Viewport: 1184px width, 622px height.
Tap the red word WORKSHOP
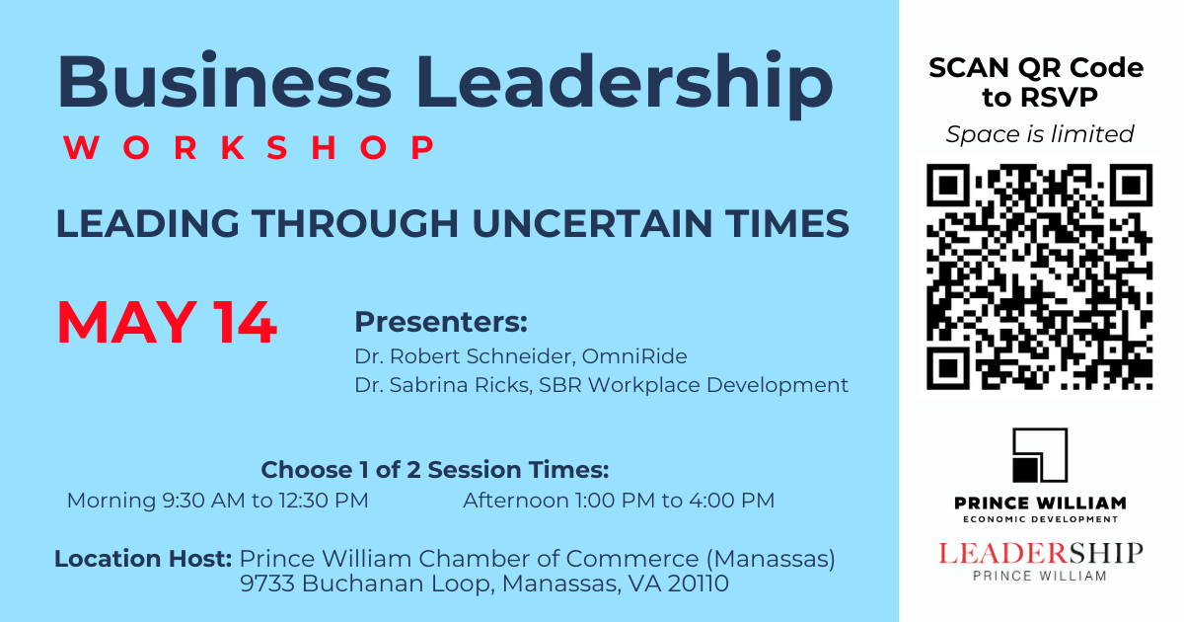point(250,147)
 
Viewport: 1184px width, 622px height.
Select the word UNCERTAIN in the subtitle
point(593,223)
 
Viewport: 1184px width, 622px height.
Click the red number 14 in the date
point(245,322)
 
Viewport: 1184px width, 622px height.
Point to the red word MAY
point(127,322)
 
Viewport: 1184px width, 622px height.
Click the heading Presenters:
point(441,322)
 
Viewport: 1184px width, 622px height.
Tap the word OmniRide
point(634,356)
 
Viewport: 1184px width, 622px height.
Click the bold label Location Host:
point(143,559)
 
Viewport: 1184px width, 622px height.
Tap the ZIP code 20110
point(698,583)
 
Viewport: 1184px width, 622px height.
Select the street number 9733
point(266,583)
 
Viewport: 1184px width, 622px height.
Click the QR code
point(1039,276)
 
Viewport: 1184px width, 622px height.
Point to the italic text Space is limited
point(1040,134)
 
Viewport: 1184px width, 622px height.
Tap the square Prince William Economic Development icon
point(1040,455)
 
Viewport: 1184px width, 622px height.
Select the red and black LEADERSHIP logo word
point(1040,554)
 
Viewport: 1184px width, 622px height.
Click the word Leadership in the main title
point(625,84)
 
